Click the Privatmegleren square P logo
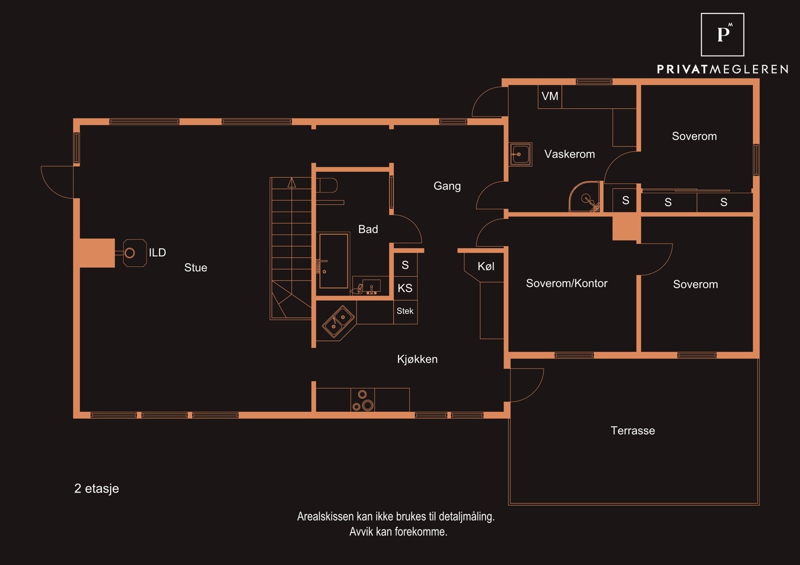click(x=722, y=34)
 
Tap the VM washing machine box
click(x=550, y=96)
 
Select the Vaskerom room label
click(x=569, y=154)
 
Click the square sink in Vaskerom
click(x=520, y=154)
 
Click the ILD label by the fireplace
click(x=157, y=253)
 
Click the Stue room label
click(x=195, y=268)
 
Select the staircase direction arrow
click(x=292, y=182)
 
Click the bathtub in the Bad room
click(x=334, y=261)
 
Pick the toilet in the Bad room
click(x=327, y=185)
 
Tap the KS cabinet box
click(x=405, y=288)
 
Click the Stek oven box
click(x=405, y=312)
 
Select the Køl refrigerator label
click(x=486, y=266)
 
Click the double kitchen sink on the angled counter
click(x=338, y=321)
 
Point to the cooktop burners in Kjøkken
click(x=362, y=400)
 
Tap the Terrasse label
click(x=633, y=431)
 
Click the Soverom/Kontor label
click(x=567, y=283)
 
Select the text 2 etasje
click(x=96, y=488)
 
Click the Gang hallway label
click(x=447, y=186)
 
